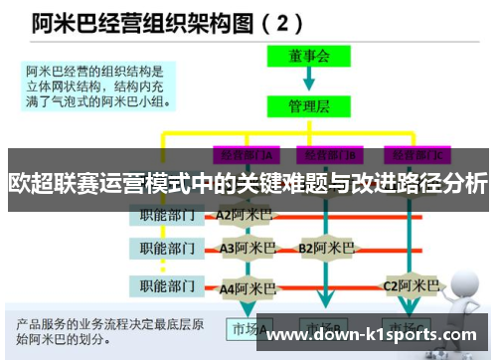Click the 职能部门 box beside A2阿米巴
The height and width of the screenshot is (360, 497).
[166, 214]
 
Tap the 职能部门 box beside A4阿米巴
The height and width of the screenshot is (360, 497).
[166, 287]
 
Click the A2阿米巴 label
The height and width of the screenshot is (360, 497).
[245, 214]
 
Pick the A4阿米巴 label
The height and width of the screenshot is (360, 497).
[248, 287]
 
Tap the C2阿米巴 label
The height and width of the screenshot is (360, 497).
[411, 286]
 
